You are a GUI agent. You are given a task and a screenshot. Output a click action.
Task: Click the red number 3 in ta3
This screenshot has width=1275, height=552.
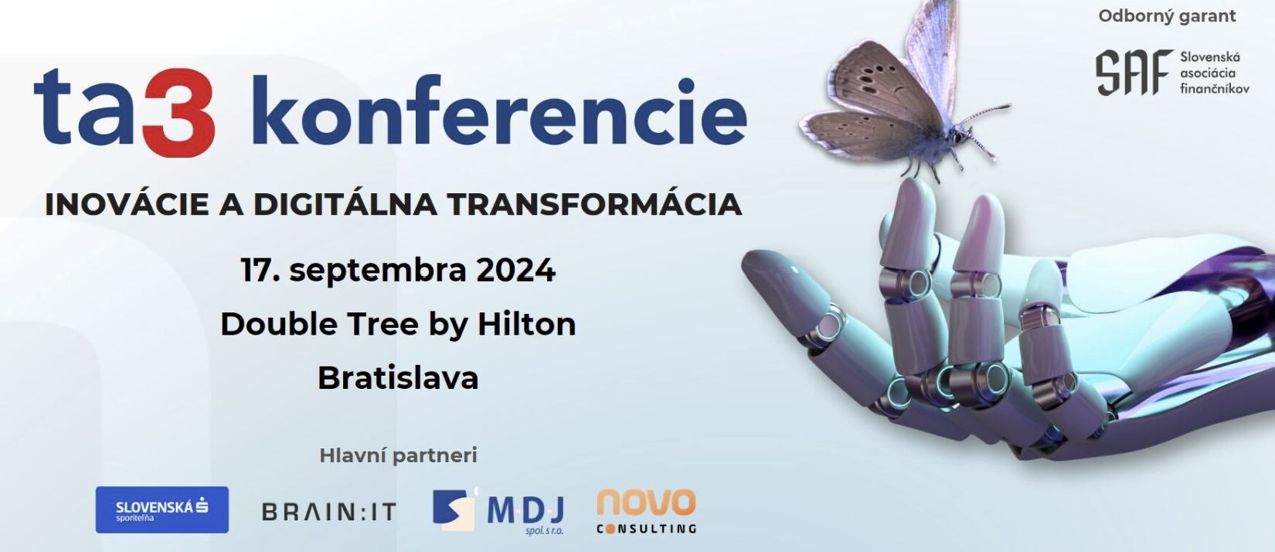tap(178, 113)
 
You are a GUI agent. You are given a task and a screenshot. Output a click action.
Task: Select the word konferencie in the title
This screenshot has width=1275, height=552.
tap(498, 111)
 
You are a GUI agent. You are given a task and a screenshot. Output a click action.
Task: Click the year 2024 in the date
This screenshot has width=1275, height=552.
tap(515, 270)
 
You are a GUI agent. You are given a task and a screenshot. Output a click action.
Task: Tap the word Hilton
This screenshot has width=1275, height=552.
tap(526, 324)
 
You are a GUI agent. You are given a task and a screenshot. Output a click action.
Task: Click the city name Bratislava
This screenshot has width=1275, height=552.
tap(398, 378)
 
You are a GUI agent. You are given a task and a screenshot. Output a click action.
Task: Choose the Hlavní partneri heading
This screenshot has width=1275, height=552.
tap(398, 455)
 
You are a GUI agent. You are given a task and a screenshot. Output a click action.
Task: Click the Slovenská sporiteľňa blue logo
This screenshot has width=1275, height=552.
tap(162, 509)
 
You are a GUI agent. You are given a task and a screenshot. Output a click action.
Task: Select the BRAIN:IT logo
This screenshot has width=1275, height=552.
tap(329, 512)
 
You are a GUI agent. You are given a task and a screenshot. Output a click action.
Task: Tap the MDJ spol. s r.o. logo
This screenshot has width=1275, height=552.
tap(498, 511)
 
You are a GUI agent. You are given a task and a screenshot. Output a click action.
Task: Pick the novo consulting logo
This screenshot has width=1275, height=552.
tap(647, 511)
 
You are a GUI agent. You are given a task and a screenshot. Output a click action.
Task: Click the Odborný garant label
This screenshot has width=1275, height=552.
tap(1167, 16)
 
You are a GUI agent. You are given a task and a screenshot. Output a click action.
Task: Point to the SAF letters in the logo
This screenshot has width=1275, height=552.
tap(1134, 73)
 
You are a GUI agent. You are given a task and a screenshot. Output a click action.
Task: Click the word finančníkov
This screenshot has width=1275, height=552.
tap(1215, 89)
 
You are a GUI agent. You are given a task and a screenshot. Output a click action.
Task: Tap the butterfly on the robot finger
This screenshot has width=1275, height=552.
tap(905, 91)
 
